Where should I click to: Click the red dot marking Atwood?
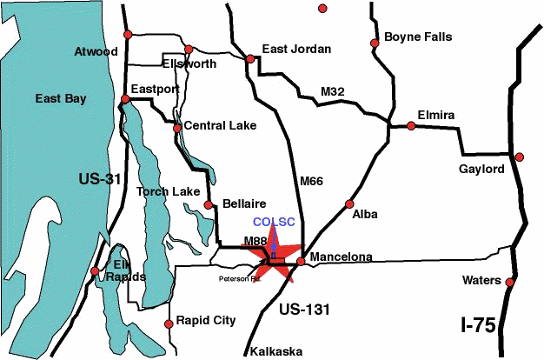129,34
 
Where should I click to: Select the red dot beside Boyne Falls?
375,42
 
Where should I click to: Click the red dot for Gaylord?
520,157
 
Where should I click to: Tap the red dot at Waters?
510,282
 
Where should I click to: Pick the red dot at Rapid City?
169,324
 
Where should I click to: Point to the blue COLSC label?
274,222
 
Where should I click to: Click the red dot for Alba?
349,204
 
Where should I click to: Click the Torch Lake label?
167,192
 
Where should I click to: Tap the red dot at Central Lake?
177,128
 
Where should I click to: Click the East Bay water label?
60,99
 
